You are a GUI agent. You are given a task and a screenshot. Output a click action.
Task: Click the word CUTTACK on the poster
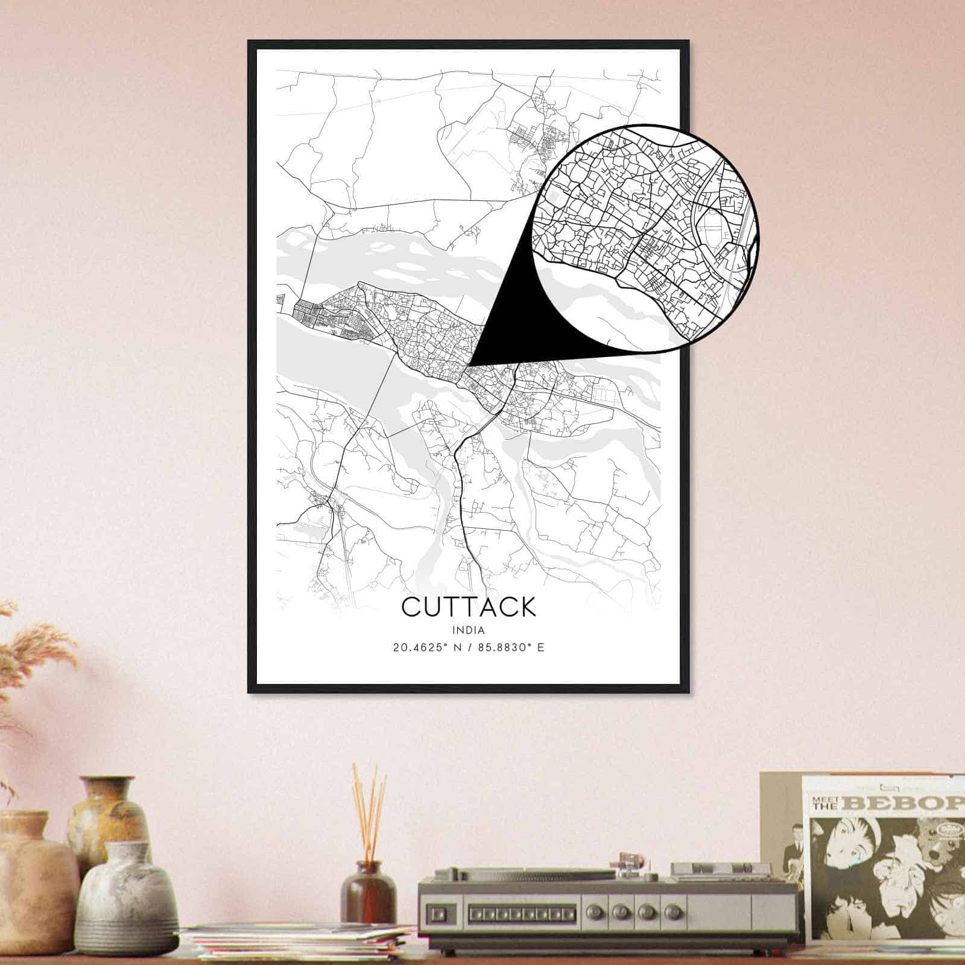pos(468,607)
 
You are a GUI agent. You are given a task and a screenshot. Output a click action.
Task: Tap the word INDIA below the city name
pos(468,630)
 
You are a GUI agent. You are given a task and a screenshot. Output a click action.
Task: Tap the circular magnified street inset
pos(645,238)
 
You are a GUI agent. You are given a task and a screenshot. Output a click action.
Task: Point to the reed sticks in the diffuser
pos(369,814)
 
